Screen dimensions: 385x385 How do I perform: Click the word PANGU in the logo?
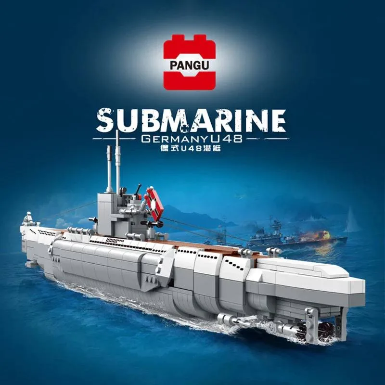[x=189, y=65]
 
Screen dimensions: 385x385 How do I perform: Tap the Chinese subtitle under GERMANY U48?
[x=190, y=148]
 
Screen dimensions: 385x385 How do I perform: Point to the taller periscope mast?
[x=117, y=162]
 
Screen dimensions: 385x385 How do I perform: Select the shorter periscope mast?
[x=109, y=169]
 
